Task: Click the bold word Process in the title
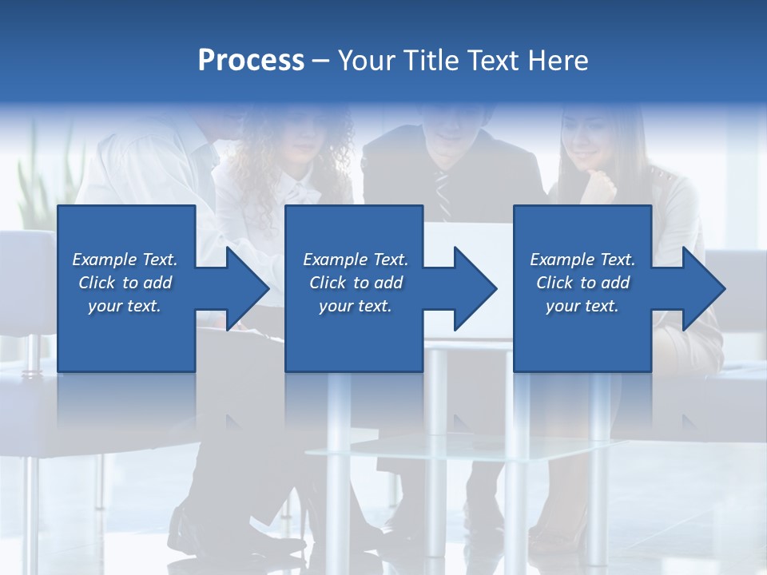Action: [x=251, y=61]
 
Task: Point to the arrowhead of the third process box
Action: [x=704, y=288]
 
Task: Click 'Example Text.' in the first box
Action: [x=125, y=260]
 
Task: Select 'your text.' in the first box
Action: [x=125, y=306]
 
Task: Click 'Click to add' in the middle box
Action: [x=356, y=283]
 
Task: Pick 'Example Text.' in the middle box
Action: [x=356, y=260]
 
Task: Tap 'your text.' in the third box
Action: [x=582, y=306]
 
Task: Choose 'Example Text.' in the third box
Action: [x=582, y=260]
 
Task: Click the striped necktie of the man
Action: [x=442, y=192]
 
